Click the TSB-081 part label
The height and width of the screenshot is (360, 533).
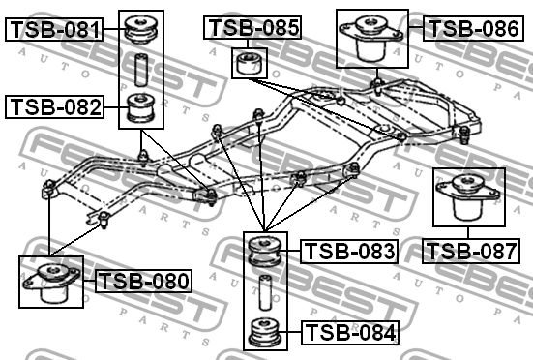[54, 30]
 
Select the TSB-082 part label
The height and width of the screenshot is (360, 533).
[54, 106]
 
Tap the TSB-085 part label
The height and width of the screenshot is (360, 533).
[253, 28]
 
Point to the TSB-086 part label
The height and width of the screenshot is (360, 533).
[473, 28]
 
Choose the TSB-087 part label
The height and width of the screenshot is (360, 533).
[470, 252]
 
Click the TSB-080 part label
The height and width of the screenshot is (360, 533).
[143, 282]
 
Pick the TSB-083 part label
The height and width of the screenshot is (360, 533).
[349, 252]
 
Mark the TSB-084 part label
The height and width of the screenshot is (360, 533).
[349, 334]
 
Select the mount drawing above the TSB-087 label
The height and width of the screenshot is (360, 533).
[466, 199]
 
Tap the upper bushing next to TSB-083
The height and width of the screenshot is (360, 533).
[263, 251]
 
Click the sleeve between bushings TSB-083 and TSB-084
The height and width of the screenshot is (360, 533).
[263, 291]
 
